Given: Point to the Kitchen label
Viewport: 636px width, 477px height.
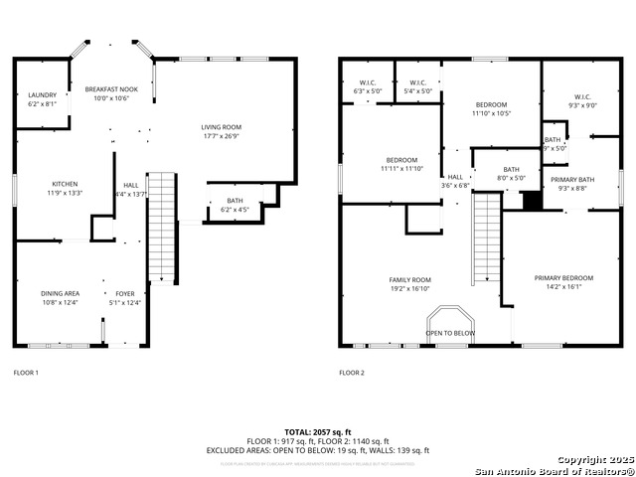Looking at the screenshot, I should (x=66, y=184).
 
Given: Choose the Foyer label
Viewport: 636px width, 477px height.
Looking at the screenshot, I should (x=125, y=293).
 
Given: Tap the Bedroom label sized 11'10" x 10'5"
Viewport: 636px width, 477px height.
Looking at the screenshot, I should (x=491, y=105).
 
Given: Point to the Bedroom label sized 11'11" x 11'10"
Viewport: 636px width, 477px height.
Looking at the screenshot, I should (x=401, y=160).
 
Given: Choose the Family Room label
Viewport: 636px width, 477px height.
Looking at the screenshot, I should (x=409, y=280).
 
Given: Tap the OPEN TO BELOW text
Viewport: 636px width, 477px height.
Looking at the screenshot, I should (x=450, y=333).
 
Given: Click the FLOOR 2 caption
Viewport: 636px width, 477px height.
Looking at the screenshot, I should (x=352, y=373).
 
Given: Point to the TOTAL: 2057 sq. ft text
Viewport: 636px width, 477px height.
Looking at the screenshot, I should (x=318, y=432).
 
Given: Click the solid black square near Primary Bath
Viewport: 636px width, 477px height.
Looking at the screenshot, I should (x=533, y=200).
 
